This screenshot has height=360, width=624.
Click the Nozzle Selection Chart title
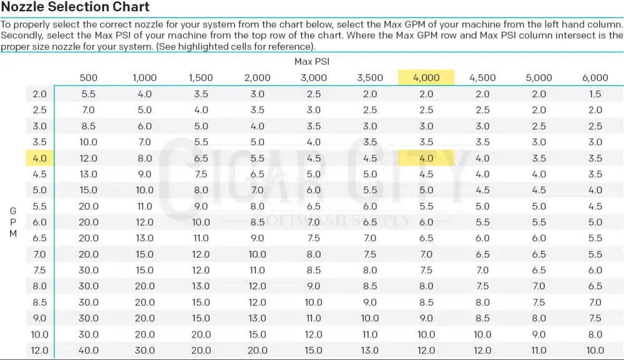(76, 7)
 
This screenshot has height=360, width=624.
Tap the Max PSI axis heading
(311, 61)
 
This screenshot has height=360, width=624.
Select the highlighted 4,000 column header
(426, 78)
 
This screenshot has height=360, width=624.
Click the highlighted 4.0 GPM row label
(39, 158)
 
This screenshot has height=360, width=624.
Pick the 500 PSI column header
(89, 78)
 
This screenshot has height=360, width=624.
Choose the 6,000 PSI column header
(595, 78)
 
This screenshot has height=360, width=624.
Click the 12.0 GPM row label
(39, 351)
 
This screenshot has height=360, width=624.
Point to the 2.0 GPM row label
(39, 94)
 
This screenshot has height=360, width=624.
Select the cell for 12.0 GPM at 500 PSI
(89, 351)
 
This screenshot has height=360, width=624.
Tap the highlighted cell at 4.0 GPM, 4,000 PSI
(426, 158)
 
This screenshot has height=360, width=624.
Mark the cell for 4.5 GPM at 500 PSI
(89, 175)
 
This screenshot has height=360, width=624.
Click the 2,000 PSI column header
(257, 78)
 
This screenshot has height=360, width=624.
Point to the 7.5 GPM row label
(39, 270)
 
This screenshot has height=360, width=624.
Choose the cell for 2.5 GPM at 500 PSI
(89, 110)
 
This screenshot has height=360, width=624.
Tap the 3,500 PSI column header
(370, 78)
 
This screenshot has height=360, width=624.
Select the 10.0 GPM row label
(39, 334)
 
